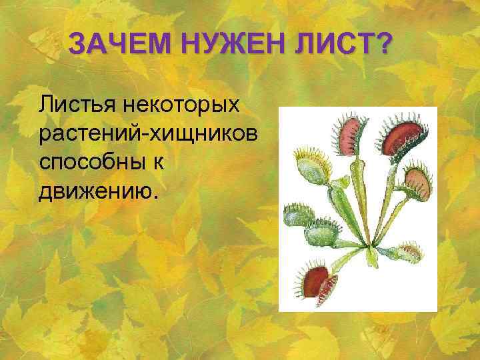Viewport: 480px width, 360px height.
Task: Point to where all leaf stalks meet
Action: point(366,244)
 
